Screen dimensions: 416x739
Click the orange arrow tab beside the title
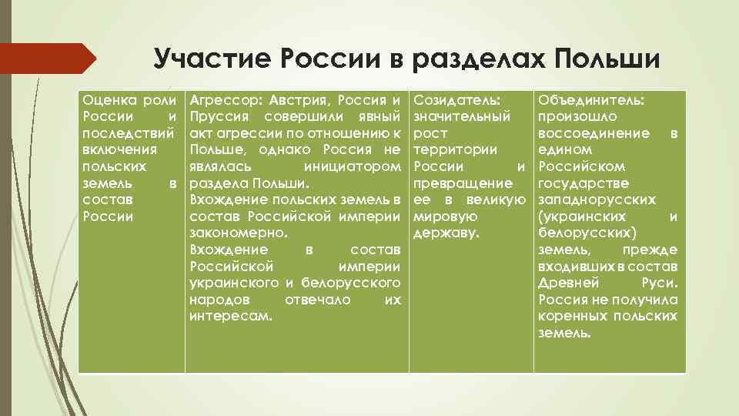point(46,59)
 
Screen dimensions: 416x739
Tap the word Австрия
point(303,100)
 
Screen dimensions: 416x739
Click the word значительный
point(462,117)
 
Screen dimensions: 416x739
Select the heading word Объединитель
point(592,100)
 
